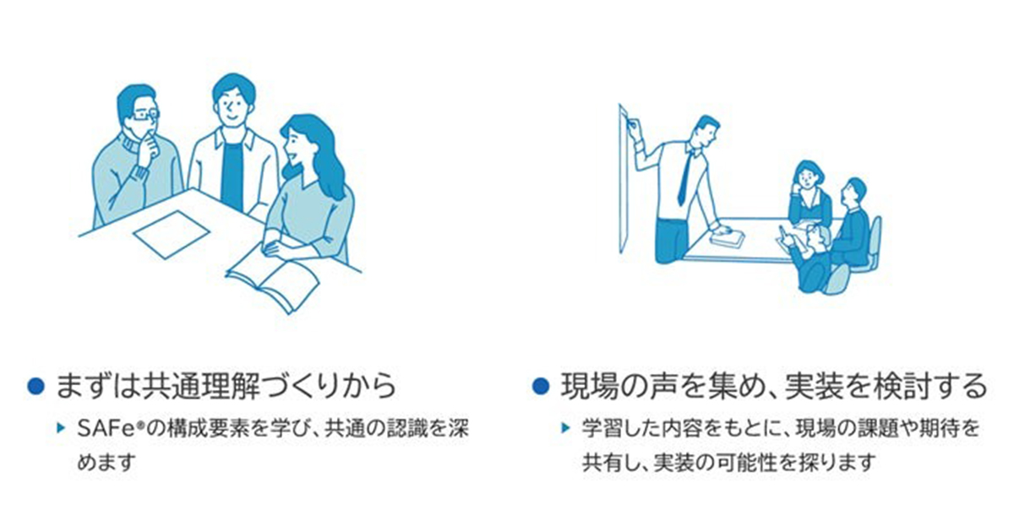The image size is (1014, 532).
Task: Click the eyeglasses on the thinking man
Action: coord(145,115)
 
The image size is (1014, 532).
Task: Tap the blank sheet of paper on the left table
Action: coord(172,235)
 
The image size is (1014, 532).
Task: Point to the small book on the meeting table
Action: coord(726,238)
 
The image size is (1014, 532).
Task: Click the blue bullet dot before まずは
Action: coord(35,387)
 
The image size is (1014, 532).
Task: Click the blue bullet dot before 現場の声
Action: coord(541,387)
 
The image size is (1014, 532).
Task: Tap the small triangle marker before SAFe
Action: coord(61,428)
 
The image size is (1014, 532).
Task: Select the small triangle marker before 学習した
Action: coord(565,428)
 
